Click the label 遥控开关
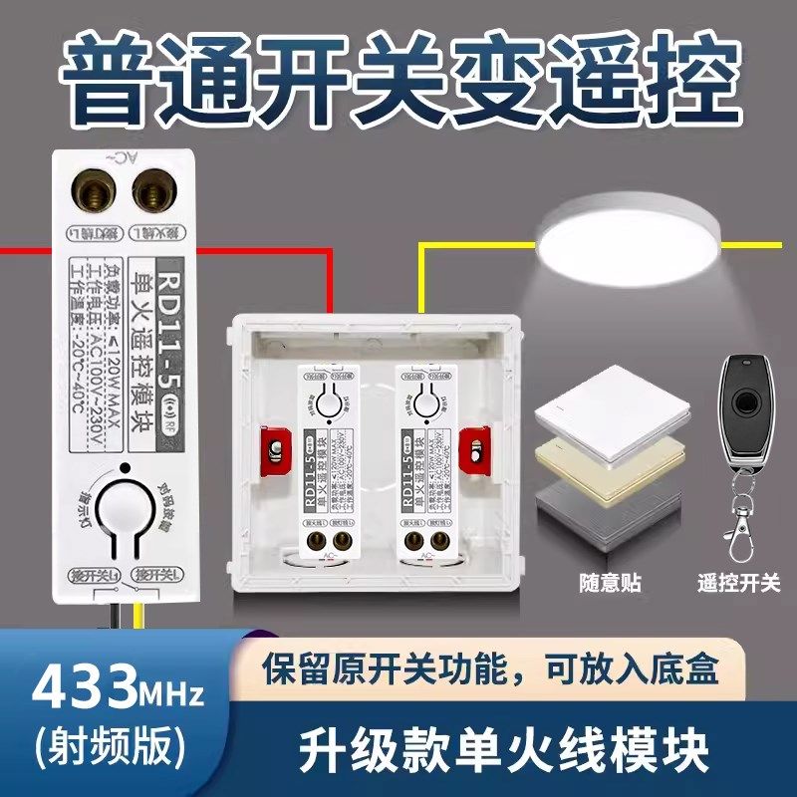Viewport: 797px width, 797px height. click(740, 582)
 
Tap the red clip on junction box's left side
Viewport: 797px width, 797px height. click(271, 449)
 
